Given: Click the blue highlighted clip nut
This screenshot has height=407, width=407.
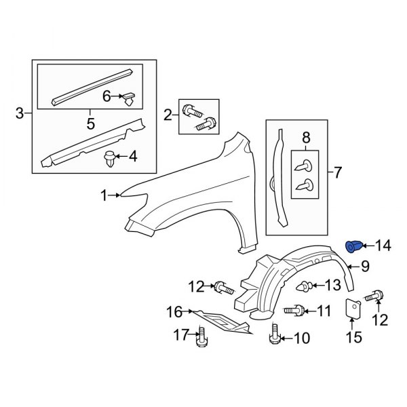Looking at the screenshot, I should pos(354,245).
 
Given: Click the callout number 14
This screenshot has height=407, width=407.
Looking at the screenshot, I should pos(384,245).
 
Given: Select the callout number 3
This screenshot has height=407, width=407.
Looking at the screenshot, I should pos(19,113).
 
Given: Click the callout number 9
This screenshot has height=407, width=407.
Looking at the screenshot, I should pos(364,267).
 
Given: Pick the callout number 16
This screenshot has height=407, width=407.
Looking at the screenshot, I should pos(175,312).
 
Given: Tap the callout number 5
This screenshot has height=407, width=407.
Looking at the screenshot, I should pos(88,124).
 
